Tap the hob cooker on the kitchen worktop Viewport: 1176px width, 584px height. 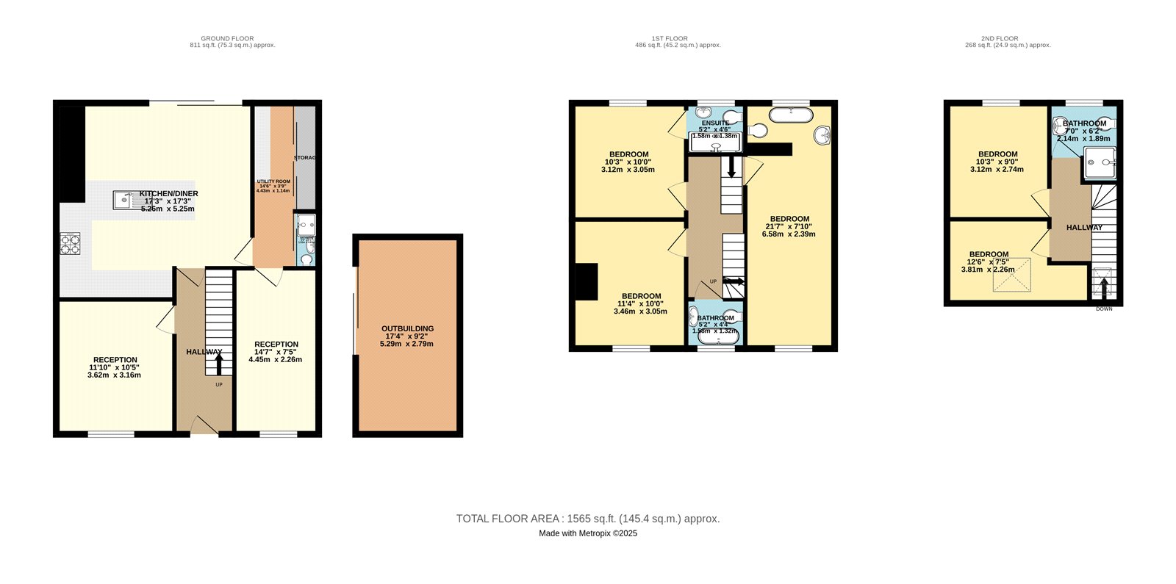[x=70, y=244]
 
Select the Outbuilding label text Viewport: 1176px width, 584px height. [x=407, y=336]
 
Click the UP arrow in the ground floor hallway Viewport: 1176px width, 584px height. [x=218, y=364]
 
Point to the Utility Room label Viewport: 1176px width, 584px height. [x=273, y=186]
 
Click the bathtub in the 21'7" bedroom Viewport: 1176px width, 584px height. [x=791, y=114]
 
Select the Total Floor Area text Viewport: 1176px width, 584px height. [x=588, y=519]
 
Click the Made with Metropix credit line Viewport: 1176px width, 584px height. [x=588, y=534]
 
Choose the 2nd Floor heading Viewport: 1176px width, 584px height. [x=1007, y=42]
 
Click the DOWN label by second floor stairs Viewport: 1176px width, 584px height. [x=1104, y=309]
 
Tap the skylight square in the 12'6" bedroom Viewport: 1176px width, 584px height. [x=1011, y=275]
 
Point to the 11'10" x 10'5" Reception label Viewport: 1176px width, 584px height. [x=114, y=367]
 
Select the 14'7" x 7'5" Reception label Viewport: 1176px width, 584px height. [x=276, y=352]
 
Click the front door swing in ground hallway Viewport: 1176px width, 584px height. [x=203, y=424]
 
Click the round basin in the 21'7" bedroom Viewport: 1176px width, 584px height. [x=822, y=135]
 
